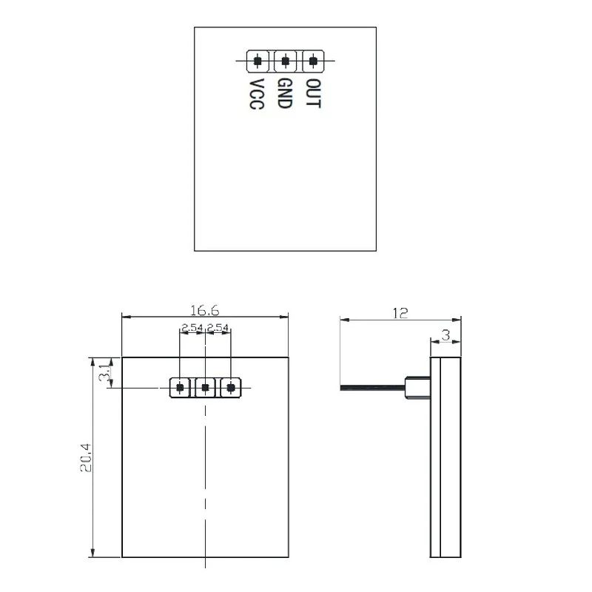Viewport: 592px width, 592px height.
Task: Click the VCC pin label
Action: pyautogui.click(x=257, y=95)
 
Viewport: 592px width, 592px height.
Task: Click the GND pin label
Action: pyautogui.click(x=285, y=94)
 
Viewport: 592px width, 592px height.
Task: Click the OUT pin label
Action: pyautogui.click(x=314, y=94)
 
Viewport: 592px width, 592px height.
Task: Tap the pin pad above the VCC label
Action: pyautogui.click(x=258, y=61)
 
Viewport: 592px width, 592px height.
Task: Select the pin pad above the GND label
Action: pyautogui.click(x=286, y=61)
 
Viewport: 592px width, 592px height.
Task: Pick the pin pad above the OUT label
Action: pyautogui.click(x=314, y=61)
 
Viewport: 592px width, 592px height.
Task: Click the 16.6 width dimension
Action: pyautogui.click(x=205, y=309)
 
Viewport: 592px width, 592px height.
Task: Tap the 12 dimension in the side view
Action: pyautogui.click(x=400, y=313)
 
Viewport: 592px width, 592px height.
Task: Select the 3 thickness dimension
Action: pyautogui.click(x=445, y=335)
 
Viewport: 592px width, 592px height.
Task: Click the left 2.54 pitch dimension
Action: pyautogui.click(x=192, y=327)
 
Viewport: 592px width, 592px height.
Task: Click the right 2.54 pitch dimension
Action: pyautogui.click(x=218, y=327)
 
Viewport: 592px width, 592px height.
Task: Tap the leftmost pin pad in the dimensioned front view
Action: pyautogui.click(x=180, y=387)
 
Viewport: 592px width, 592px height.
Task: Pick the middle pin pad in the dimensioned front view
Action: pyautogui.click(x=205, y=387)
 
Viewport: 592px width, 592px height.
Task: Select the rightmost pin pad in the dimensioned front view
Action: pyautogui.click(x=231, y=387)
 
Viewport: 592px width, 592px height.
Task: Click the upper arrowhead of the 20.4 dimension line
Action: pyautogui.click(x=93, y=362)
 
